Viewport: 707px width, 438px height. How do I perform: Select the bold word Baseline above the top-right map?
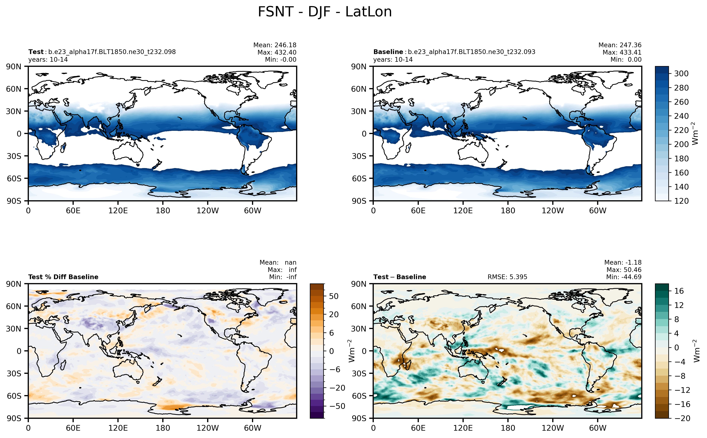[x=388, y=52]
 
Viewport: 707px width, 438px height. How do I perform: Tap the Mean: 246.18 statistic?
[x=275, y=45]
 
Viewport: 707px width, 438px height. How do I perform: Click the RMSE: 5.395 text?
[x=507, y=277]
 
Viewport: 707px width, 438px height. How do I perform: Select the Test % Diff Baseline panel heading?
[x=63, y=277]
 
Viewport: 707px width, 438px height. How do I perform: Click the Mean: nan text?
[x=278, y=262]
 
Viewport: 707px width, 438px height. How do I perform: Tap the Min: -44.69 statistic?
[x=624, y=277]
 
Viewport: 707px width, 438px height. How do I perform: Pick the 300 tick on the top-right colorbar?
[x=681, y=74]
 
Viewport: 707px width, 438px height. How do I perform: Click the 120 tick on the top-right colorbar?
[x=681, y=201]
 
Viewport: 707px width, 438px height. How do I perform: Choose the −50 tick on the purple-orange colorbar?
[x=337, y=406]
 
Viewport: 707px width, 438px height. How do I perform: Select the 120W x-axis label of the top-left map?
[x=208, y=211]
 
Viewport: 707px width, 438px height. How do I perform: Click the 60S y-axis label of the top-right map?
[x=359, y=178]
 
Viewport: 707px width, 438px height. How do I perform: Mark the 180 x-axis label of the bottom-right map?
[x=508, y=428]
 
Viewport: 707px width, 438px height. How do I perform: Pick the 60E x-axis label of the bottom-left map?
[x=73, y=428]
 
